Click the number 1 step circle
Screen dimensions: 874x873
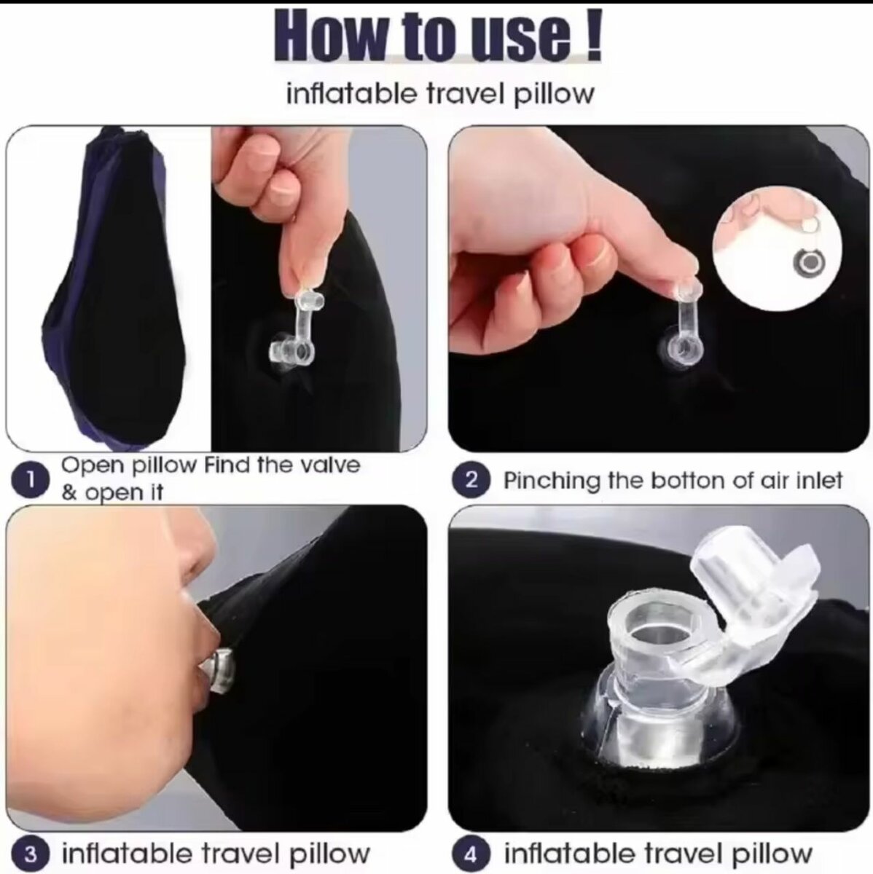click(29, 480)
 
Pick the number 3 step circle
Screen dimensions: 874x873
click(29, 854)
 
